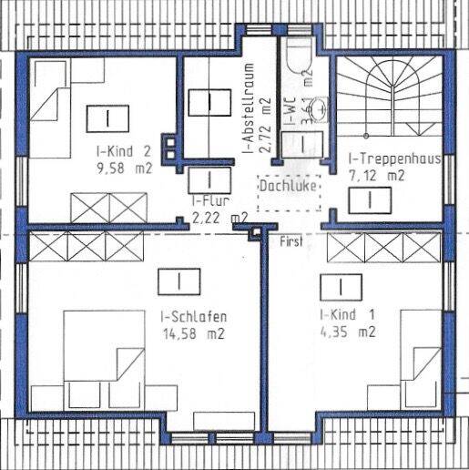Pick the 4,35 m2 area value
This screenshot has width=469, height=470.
point(347,332)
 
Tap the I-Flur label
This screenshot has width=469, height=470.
point(208,201)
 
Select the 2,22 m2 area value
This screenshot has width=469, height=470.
point(219,217)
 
